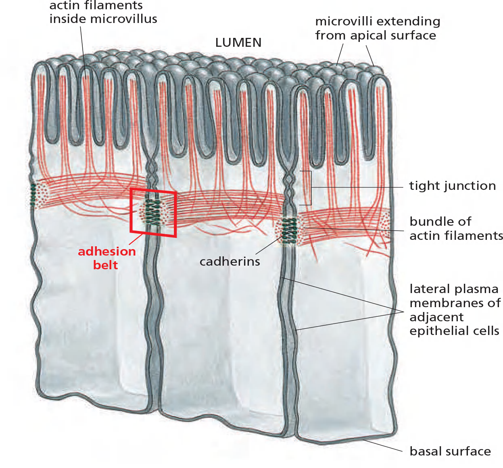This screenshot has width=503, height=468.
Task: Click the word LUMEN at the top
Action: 238,42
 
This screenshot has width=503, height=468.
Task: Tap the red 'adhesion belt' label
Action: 106,258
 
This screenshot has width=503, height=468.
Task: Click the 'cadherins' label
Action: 230,262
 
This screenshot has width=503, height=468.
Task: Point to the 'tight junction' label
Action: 452,186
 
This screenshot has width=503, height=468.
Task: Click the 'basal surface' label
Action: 450,451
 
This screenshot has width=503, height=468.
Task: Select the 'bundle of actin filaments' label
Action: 456,228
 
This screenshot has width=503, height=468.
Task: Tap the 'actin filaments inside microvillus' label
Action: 103,12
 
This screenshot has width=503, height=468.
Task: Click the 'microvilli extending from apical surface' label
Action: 377,28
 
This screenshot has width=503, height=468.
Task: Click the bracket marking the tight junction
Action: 311,188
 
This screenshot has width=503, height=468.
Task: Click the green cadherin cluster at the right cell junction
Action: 289,231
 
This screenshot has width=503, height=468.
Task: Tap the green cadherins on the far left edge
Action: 33,196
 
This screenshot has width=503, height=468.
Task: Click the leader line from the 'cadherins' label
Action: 268,245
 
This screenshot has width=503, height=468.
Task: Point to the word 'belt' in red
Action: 105,265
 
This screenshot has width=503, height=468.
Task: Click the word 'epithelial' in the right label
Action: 436,331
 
